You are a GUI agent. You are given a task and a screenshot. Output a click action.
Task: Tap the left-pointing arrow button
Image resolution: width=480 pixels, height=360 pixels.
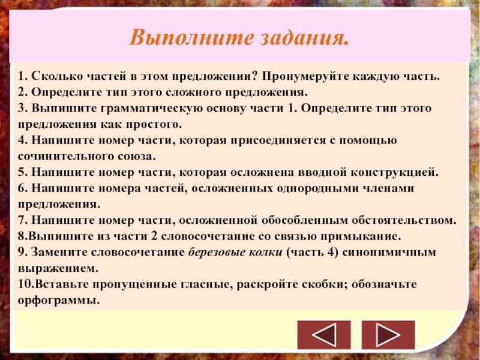click(324, 335)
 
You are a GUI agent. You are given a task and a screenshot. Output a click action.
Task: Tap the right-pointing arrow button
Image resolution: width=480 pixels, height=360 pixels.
click(388, 335)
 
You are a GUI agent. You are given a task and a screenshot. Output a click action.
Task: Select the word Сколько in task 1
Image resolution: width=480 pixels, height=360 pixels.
click(56, 76)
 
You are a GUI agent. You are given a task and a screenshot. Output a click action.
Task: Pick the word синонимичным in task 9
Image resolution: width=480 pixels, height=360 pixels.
click(389, 253)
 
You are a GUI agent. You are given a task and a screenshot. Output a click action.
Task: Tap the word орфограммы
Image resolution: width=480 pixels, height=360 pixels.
click(59, 301)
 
